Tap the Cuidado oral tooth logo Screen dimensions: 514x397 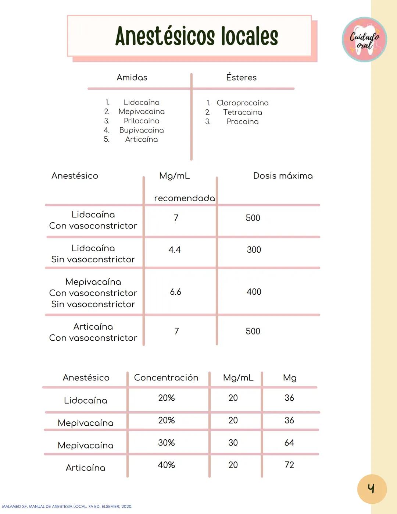pos(364,39)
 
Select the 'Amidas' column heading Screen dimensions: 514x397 pos(132,78)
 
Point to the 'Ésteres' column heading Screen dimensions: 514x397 pos(241,78)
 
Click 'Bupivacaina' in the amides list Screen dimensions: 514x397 pos(142,130)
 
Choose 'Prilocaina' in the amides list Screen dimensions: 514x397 pos(142,121)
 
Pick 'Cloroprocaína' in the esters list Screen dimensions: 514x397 pos(242,103)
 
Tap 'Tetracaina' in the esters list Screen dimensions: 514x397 pos(242,112)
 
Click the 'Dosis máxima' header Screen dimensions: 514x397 pos(283,176)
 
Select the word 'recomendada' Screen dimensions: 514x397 pos(185,198)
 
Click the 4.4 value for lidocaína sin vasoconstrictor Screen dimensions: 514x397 pos(175,250)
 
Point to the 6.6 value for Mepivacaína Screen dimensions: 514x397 pos(175,292)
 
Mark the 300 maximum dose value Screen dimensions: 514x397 pos(254,250)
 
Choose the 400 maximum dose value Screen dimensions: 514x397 pos(254,292)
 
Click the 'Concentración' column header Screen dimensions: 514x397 pos(166,378)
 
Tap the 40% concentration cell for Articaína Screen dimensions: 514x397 pos(166,465)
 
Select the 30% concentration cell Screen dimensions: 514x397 pos(166,443)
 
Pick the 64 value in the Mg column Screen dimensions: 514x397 pos(289,443)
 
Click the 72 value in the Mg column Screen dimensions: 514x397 pos(289,465)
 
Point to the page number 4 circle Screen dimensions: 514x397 pos(372,489)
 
